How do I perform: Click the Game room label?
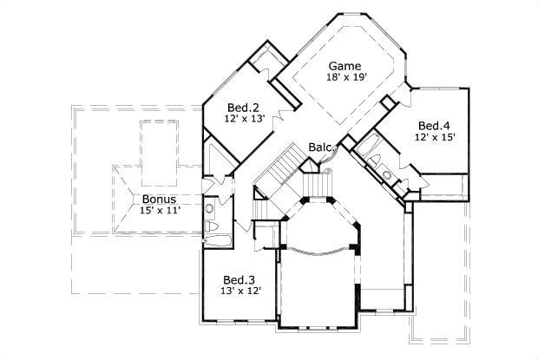(x=344, y=65)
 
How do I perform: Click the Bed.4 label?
(x=434, y=124)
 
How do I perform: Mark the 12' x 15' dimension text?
(x=434, y=136)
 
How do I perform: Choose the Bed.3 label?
(x=239, y=279)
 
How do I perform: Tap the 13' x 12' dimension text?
(x=239, y=291)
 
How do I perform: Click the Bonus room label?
(x=159, y=198)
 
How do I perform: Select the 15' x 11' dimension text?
(x=160, y=210)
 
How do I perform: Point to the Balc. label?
(x=321, y=147)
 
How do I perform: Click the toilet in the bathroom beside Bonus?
(x=210, y=228)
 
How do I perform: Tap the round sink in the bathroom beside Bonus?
(x=210, y=208)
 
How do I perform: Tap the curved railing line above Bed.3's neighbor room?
(x=319, y=252)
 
